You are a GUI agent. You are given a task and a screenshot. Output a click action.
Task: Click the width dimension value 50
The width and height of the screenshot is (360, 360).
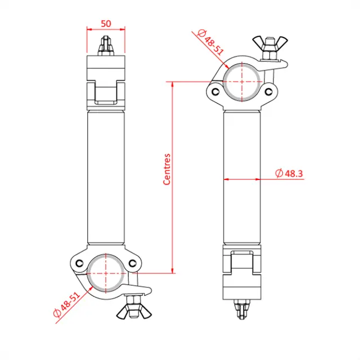pyautogui.click(x=105, y=24)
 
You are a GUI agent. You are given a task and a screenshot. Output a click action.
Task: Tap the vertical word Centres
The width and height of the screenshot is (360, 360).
pyautogui.click(x=166, y=169)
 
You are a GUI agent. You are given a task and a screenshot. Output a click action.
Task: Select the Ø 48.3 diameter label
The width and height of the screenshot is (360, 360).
pyautogui.click(x=289, y=174)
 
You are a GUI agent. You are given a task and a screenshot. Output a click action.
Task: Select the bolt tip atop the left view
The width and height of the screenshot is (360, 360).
pyautogui.click(x=105, y=44)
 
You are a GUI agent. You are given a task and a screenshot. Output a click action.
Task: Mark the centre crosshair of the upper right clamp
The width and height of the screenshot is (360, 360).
pyautogui.click(x=242, y=81)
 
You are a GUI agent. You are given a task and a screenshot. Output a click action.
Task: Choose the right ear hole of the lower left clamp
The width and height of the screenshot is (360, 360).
pyautogui.click(x=133, y=262)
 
